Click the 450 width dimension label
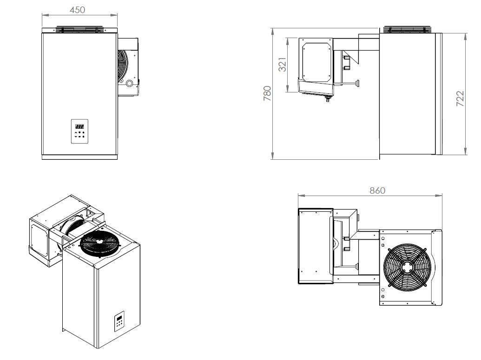coord(77,10)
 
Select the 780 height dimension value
coord(268,94)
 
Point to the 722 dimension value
coord(460,99)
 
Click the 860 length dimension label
coord(377,190)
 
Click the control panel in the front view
coord(79,131)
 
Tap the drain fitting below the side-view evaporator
coord(326,98)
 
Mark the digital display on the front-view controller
coord(79,126)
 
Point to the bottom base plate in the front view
coord(78,157)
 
